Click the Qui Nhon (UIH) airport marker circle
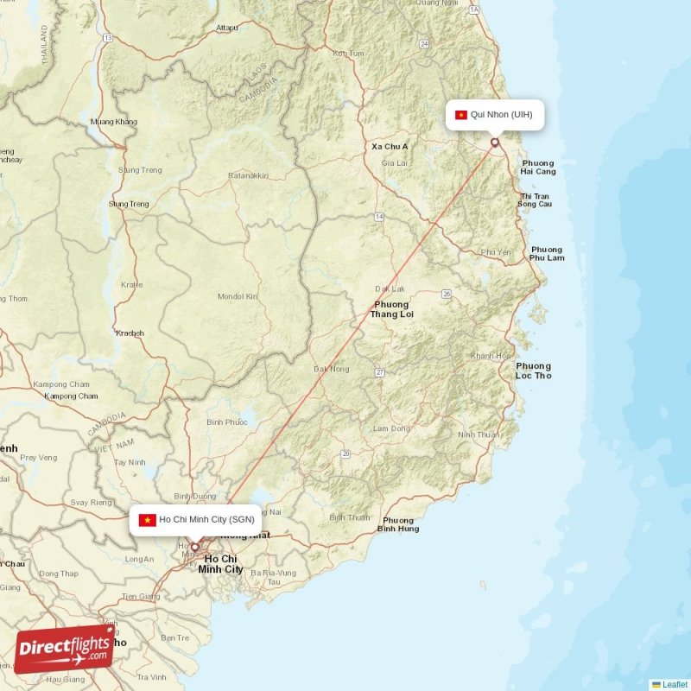[x=495, y=143]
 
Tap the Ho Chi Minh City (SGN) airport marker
[x=195, y=546]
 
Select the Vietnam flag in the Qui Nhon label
[x=460, y=115]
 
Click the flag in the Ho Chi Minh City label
[x=146, y=520]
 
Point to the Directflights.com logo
[x=64, y=649]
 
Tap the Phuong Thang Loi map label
[x=392, y=309]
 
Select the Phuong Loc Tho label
[x=532, y=371]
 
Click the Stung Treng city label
[x=129, y=204]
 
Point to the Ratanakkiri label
[x=248, y=176]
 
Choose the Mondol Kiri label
[x=238, y=296]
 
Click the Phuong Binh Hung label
[x=398, y=524]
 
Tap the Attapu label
[x=227, y=28]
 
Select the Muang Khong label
[x=113, y=122]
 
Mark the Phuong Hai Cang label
[x=537, y=168]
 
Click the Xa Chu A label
[x=390, y=147]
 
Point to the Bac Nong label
[x=332, y=369]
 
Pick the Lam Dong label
[x=391, y=428]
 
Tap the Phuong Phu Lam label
[x=547, y=254]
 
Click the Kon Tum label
[x=348, y=54]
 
